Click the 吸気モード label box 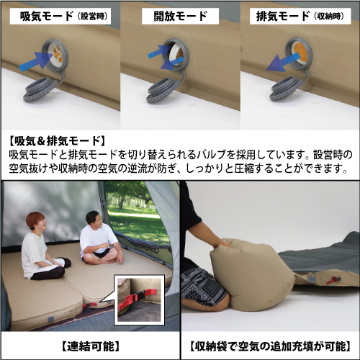click(60, 16)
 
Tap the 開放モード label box click(180, 16)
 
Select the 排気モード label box click(300, 16)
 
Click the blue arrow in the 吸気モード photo click(36, 61)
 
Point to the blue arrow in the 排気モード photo click(283, 63)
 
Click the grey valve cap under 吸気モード click(40, 89)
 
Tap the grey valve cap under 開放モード click(163, 90)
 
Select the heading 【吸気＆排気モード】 click(57, 141)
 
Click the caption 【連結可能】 click(91, 346)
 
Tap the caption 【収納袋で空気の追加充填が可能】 click(271, 346)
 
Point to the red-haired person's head click(36, 221)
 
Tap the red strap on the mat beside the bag click(334, 279)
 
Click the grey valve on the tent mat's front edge click(50, 320)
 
